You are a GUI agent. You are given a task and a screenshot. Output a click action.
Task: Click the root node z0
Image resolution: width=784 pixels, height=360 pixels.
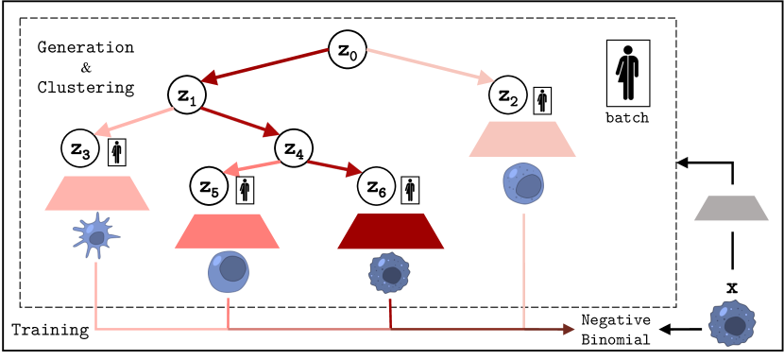348,48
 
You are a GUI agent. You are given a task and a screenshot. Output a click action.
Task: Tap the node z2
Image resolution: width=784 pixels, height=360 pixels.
508,95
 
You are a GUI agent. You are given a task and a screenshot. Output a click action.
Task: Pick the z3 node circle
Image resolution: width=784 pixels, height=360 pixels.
82,149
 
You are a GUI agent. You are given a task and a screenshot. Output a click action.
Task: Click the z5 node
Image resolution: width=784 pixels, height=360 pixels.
210,186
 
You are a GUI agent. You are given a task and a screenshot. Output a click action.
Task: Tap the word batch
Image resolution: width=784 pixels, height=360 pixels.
627,118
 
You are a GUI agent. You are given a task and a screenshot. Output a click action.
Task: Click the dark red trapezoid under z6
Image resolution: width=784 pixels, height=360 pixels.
391,231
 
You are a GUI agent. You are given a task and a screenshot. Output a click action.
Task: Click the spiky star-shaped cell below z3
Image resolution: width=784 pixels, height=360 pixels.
95,238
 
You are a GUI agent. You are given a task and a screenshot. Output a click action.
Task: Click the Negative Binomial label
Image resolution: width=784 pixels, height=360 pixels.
616,330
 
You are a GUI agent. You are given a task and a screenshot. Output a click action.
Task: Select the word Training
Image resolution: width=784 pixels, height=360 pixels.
50,330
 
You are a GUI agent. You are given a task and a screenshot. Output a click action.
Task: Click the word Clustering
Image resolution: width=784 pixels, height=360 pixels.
85,87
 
